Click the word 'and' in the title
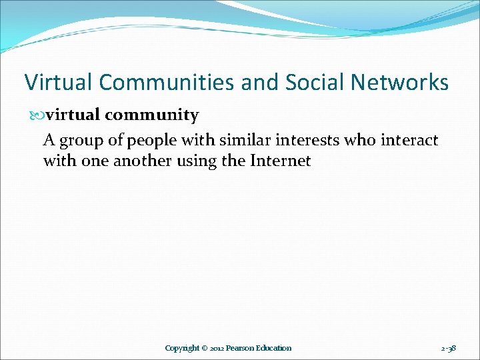[x=259, y=83]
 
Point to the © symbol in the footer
[x=205, y=348]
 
